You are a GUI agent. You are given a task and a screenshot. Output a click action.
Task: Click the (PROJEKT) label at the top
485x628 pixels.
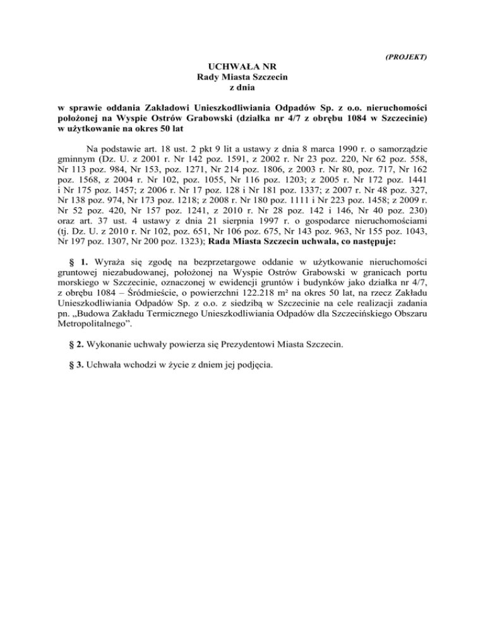pyautogui.click(x=406, y=57)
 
